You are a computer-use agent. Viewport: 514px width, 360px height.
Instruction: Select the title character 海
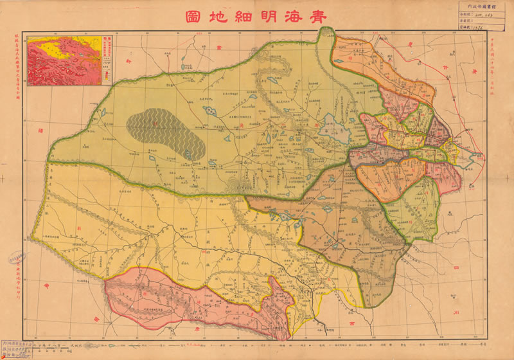[x=290, y=17]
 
